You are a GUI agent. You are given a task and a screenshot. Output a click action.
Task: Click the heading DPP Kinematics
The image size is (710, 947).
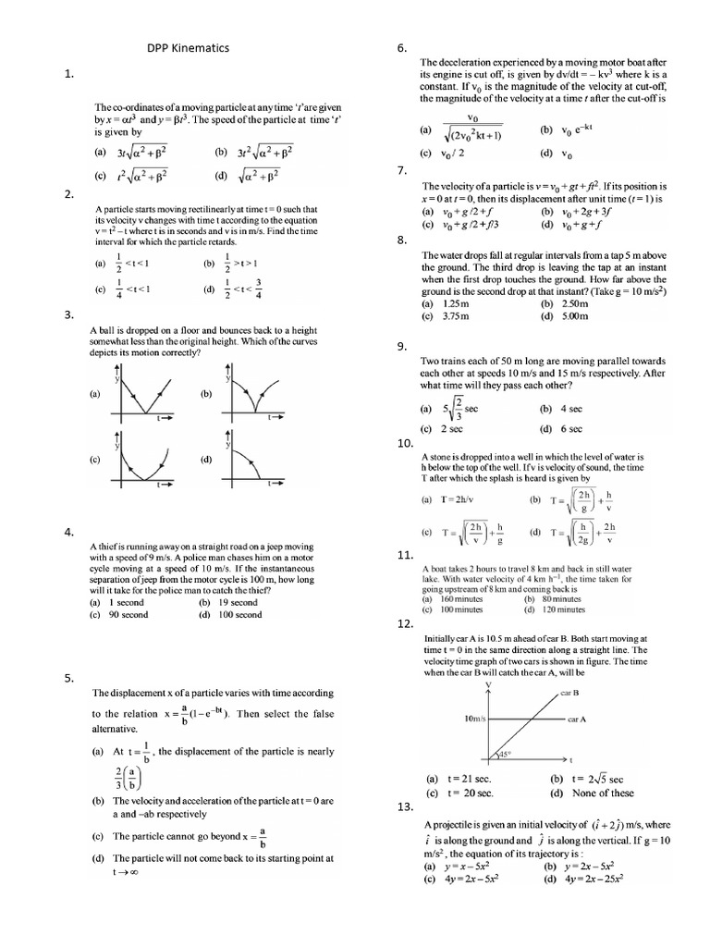click(189, 47)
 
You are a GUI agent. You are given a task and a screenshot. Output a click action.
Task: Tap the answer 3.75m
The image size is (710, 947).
click(455, 315)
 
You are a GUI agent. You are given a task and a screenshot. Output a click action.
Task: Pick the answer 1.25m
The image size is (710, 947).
click(454, 303)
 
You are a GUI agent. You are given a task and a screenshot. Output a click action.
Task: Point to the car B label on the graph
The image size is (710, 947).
click(569, 693)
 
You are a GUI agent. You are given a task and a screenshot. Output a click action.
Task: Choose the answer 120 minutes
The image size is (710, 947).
click(563, 610)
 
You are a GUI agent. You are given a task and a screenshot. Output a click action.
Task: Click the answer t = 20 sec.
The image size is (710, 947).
click(470, 793)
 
